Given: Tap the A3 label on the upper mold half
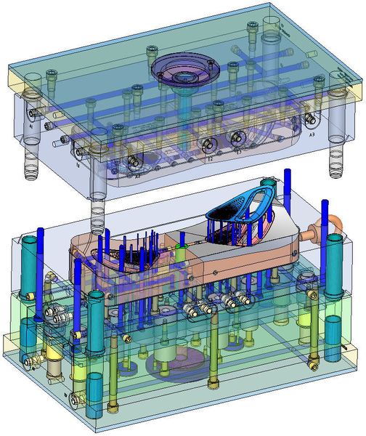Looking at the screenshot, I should [312, 136].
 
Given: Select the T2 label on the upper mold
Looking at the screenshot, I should [209, 157].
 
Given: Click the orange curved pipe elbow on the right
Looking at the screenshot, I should [334, 222].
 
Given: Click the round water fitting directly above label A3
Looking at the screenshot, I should [311, 118].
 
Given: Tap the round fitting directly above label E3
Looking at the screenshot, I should [236, 137].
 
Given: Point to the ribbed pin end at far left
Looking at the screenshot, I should [31, 167].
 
